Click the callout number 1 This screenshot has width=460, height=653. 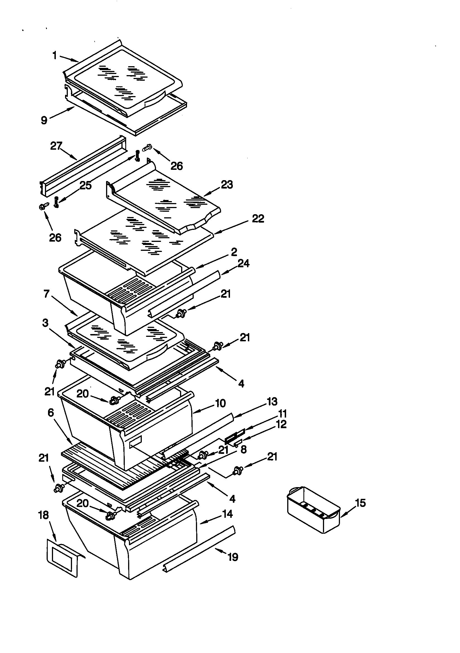[x=55, y=56]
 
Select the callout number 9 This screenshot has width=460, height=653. [x=44, y=120]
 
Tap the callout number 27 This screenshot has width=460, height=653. [x=56, y=146]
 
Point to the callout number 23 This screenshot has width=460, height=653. [x=227, y=185]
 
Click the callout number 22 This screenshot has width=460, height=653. [x=258, y=218]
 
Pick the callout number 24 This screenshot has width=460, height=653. [x=243, y=263]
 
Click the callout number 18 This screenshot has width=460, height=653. [x=44, y=515]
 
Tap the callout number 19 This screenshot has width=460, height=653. [x=233, y=557]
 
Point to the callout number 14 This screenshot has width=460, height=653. [x=227, y=514]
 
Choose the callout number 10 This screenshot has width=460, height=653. [x=221, y=403]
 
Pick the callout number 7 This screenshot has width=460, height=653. [x=47, y=294]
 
